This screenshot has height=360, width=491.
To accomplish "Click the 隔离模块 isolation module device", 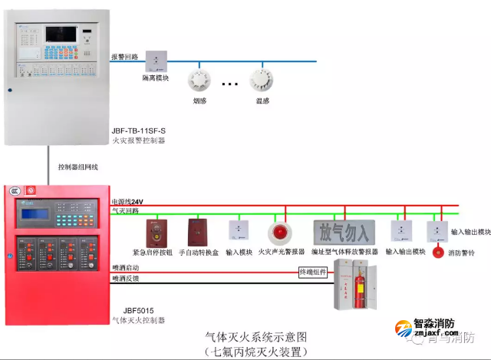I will pos(157,61).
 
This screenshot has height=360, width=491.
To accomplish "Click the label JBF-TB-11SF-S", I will pos(139,130).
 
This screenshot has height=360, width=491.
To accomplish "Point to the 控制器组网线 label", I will pos(78,166).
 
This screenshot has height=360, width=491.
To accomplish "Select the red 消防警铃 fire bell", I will pos(438,251).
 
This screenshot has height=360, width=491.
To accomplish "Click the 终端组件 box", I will pos(313,271).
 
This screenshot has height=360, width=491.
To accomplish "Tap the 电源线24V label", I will pos(127,202).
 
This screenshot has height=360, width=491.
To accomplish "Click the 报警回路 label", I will pos(124,57).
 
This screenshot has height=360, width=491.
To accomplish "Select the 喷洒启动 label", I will pos(126,267).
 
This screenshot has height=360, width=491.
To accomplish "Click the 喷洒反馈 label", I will pos(126,279).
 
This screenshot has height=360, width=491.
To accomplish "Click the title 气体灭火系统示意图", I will pos(256,336).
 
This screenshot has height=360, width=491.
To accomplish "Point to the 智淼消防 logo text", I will pos(435,325).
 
